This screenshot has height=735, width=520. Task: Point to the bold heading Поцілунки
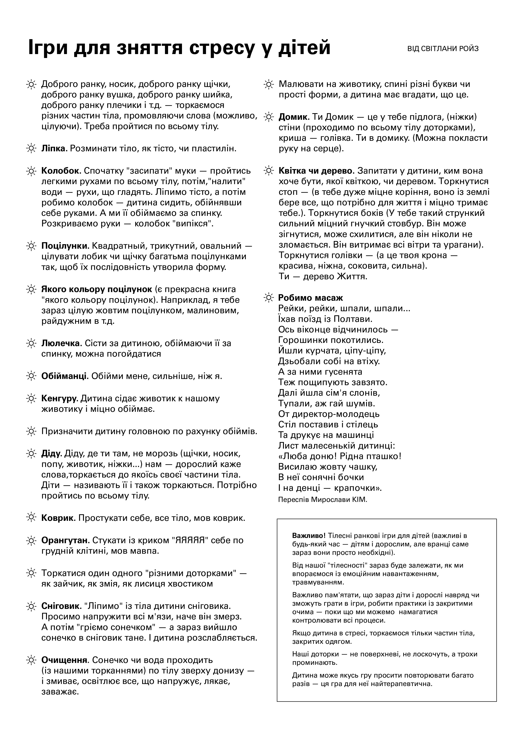65,246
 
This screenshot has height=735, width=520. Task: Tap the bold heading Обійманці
65,376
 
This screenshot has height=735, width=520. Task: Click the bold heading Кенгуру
60,398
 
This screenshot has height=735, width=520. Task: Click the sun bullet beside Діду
31,454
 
